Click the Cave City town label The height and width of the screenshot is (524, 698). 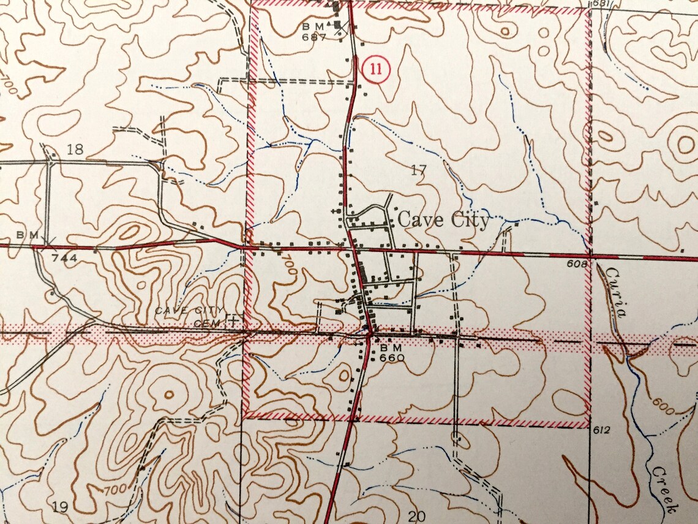[x=444, y=220]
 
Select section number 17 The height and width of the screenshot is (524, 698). [x=418, y=170]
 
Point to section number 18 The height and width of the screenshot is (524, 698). [x=75, y=149]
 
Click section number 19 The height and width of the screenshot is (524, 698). [x=59, y=506]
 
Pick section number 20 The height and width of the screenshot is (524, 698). [x=416, y=516]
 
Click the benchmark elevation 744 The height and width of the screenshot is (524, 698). [x=64, y=258]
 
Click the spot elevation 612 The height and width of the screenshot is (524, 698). [x=602, y=431]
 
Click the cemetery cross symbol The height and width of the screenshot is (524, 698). [x=233, y=320]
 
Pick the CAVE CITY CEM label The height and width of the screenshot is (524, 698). [x=190, y=315]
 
